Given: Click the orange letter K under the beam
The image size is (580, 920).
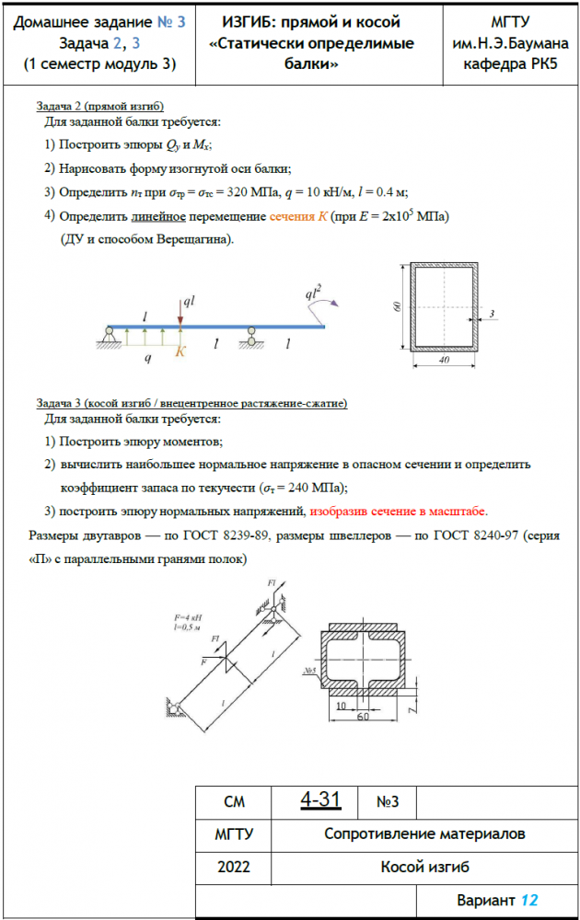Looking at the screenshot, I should click(181, 351).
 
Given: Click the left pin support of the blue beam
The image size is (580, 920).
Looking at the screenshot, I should click(108, 338).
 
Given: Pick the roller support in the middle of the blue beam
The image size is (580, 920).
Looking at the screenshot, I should click(250, 337).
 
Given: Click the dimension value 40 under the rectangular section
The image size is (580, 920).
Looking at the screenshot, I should click(443, 362).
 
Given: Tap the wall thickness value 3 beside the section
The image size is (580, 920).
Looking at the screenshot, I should click(492, 315).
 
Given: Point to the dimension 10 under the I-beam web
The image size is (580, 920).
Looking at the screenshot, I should click(341, 705).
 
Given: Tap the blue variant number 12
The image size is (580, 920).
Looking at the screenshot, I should click(528, 900).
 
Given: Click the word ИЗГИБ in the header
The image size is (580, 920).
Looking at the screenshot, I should click(254, 22).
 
